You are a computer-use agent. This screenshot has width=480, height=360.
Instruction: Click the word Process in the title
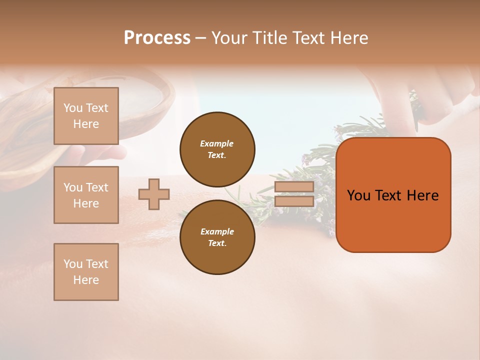pyautogui.click(x=157, y=38)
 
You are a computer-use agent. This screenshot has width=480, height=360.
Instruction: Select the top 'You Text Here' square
pyautogui.click(x=86, y=116)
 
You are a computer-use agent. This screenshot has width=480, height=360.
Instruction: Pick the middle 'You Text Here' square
pyautogui.click(x=86, y=195)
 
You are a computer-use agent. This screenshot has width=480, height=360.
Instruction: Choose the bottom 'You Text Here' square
pyautogui.click(x=86, y=272)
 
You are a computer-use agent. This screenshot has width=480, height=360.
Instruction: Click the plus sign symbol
pyautogui.click(x=154, y=194)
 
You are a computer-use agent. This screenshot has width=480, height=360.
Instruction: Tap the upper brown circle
pyautogui.click(x=217, y=149)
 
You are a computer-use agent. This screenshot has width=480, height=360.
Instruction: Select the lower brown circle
pyautogui.click(x=217, y=237)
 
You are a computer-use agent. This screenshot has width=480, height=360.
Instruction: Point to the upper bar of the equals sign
pyautogui.click(x=294, y=186)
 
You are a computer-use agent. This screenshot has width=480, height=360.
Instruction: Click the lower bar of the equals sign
pyautogui.click(x=294, y=201)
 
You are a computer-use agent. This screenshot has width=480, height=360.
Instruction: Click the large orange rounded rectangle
pyautogui.click(x=393, y=220)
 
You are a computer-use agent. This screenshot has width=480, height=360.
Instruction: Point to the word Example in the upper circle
pyautogui.click(x=216, y=143)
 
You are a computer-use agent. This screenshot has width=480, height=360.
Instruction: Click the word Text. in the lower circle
pyautogui.click(x=216, y=243)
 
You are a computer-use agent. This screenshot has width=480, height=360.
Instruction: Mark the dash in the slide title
pyautogui.click(x=201, y=38)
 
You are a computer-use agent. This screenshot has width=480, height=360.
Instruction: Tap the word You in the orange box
pyautogui.click(x=358, y=195)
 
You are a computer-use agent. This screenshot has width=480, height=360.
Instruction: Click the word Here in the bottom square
pyautogui.click(x=86, y=280)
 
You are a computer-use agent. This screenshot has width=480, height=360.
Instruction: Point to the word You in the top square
pyautogui.click(x=72, y=108)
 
